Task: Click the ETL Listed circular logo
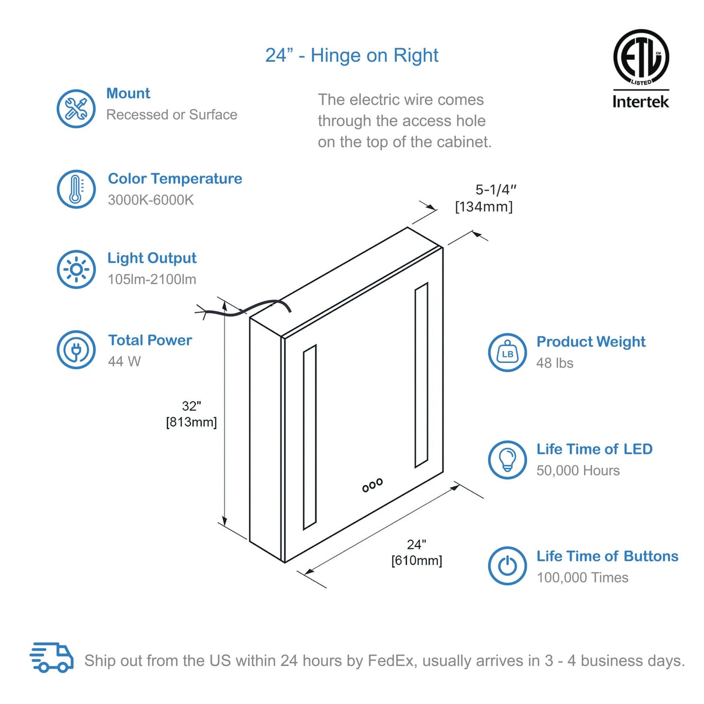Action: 641,57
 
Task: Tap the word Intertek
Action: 641,101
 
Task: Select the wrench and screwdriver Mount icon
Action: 76,109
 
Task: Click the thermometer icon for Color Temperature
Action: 76,189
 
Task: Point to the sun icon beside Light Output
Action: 76,269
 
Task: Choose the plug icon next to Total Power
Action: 76,349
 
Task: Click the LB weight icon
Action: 508,353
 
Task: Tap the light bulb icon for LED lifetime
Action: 508,459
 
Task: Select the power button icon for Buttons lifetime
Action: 508,566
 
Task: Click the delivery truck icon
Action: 52,657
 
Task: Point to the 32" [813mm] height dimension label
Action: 191,414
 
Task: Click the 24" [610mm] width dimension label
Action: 417,552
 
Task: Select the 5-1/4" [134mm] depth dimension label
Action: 484,198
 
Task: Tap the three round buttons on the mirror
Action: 373,485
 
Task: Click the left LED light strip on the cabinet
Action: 310,437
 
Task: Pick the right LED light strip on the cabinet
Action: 421,375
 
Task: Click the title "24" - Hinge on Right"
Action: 352,56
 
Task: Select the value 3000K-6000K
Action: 151,200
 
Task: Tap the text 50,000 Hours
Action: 578,471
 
